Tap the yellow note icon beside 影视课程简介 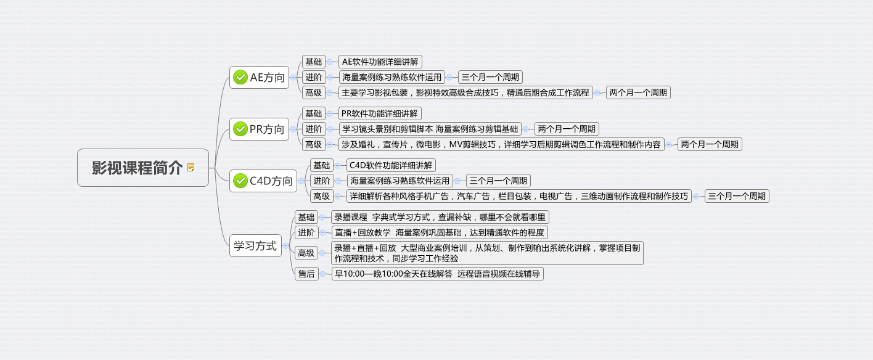191,168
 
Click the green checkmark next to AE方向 240,77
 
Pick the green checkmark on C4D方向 240,181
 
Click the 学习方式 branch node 255,245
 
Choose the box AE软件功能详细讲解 380,62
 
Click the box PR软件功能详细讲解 379,113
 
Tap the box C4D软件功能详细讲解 391,165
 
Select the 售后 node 306,274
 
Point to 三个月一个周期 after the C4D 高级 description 737,196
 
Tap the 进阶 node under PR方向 314,129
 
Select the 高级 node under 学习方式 306,253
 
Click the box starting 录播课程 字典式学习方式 440,217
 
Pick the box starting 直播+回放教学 439,232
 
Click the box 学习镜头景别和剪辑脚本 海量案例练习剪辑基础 430,129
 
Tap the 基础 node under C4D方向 321,165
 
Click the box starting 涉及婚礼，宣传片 501,144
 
